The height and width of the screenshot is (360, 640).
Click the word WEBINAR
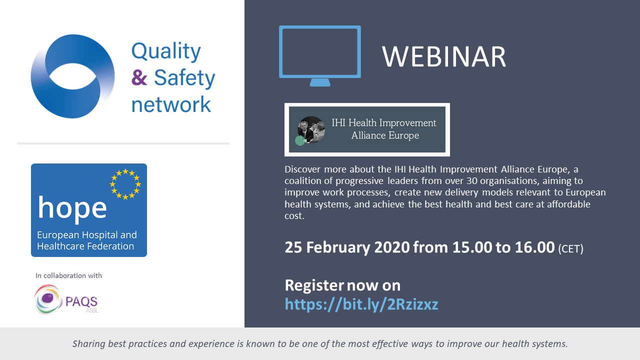443,56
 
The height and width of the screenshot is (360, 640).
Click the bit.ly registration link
361,304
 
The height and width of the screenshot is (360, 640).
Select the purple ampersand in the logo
139,77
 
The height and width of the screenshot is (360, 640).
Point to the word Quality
166,51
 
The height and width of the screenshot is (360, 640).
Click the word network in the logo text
171,104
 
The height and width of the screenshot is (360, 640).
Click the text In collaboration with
68,275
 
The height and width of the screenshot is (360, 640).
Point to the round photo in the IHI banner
311,129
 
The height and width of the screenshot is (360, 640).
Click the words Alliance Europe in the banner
385,135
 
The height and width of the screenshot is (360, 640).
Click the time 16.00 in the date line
534,247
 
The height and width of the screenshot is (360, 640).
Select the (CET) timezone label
570,249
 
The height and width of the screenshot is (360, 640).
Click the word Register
314,285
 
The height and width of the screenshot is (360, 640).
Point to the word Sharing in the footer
89,344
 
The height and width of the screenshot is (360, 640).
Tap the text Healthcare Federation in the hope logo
85,246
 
